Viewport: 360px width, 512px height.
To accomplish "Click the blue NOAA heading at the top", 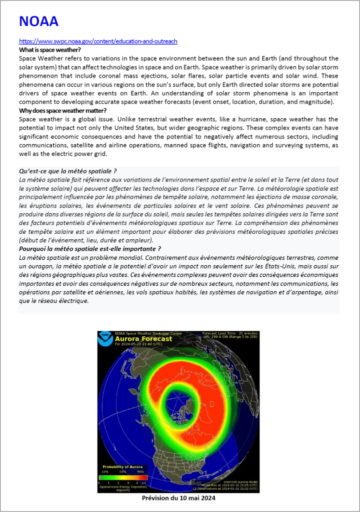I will pyautogui.click(x=38, y=22).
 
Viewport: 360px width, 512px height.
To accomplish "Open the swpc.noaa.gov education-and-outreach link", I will pyautogui.click(x=98, y=42).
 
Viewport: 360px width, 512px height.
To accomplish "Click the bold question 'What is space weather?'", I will pyautogui.click(x=50, y=50).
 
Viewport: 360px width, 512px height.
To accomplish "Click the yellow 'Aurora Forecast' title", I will pyautogui.click(x=143, y=339).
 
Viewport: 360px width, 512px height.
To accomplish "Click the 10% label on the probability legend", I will pyautogui.click(x=105, y=471).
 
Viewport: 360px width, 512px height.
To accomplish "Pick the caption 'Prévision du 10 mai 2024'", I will pyautogui.click(x=178, y=498).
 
